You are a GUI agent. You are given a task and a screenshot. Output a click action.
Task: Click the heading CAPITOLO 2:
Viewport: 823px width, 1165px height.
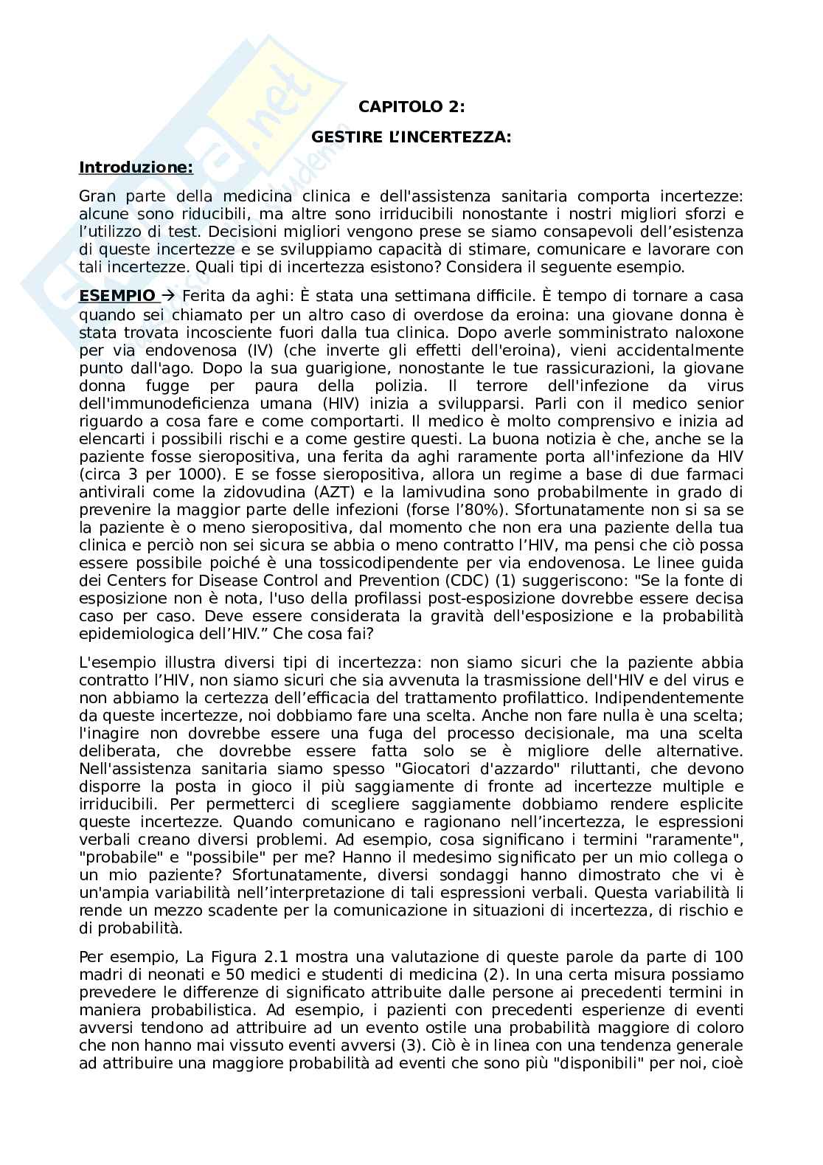coord(411,106)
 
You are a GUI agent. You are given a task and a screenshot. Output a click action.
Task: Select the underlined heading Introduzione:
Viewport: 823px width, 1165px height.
coord(136,167)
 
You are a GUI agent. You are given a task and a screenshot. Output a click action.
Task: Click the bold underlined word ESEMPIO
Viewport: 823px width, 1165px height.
coord(117,297)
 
